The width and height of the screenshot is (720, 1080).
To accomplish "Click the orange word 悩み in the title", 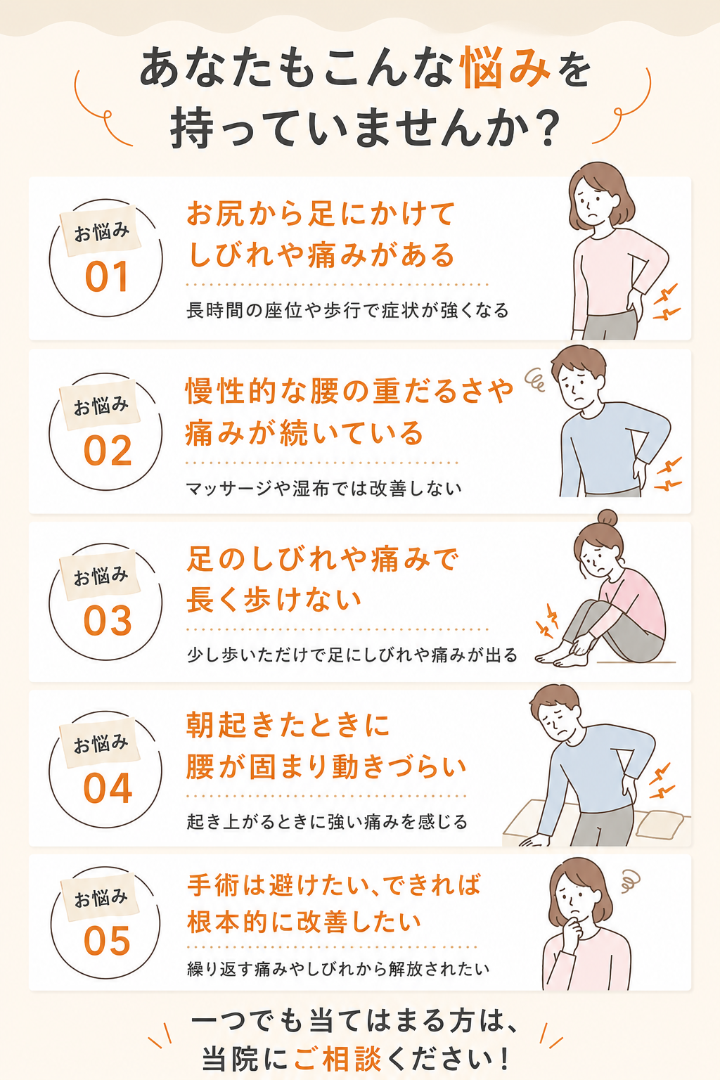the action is [x=505, y=68].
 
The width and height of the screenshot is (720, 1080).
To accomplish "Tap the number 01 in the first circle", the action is [x=107, y=277].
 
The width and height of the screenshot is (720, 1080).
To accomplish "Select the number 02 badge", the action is [x=108, y=451].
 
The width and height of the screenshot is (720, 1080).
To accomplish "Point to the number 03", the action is [x=108, y=621].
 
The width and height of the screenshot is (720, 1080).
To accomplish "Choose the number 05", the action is [x=107, y=941].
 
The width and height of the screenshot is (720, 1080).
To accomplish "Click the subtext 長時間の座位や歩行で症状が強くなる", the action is [x=347, y=310].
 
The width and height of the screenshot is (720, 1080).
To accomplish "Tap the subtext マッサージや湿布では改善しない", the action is [x=323, y=489].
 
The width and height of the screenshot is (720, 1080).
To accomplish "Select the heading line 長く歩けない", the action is [x=274, y=600].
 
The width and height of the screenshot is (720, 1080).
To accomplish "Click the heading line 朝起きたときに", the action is [x=288, y=725].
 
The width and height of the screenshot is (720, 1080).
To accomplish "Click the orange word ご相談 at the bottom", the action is [x=337, y=1059].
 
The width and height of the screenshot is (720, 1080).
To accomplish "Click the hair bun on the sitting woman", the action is [x=607, y=518].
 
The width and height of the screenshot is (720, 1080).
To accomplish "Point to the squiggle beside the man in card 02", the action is [x=535, y=380].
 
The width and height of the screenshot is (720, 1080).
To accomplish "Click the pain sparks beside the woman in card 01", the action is [x=666, y=302].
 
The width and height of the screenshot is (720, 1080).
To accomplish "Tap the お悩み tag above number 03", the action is [x=100, y=574].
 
